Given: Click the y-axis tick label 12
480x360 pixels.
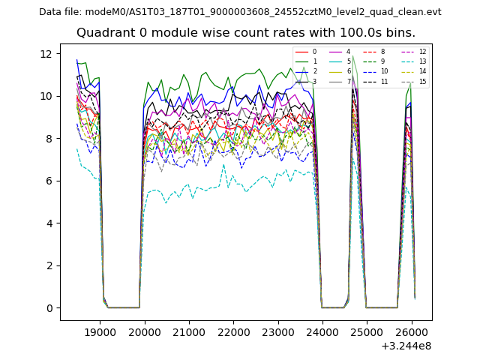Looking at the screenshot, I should pyautogui.click(x=46, y=54).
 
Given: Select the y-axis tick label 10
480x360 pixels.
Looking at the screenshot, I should pyautogui.click(x=46, y=96).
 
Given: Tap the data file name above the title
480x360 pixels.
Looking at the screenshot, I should pyautogui.click(x=240, y=12).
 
